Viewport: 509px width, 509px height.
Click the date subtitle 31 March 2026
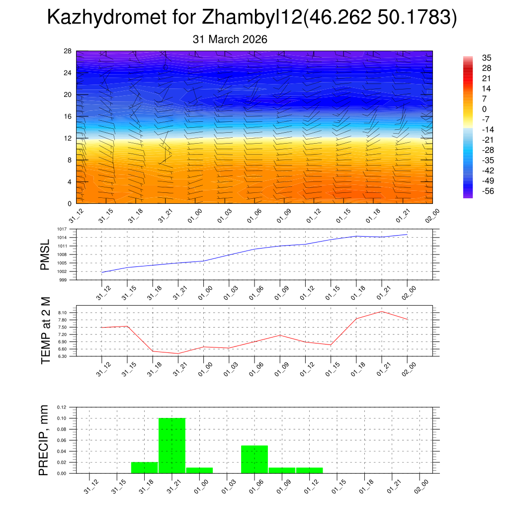click(x=230, y=39)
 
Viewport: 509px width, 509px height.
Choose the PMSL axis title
click(x=45, y=254)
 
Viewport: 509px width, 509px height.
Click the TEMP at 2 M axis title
click(x=46, y=331)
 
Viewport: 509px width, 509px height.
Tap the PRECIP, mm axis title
click(x=45, y=440)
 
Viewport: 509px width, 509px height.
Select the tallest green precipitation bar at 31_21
click(x=172, y=445)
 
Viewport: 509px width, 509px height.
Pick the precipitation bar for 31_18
click(x=145, y=468)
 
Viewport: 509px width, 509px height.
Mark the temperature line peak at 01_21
click(x=382, y=312)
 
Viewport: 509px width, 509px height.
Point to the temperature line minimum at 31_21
click(x=178, y=353)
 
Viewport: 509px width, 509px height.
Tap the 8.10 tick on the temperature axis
click(x=63, y=312)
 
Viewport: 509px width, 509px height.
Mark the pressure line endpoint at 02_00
click(x=407, y=234)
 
